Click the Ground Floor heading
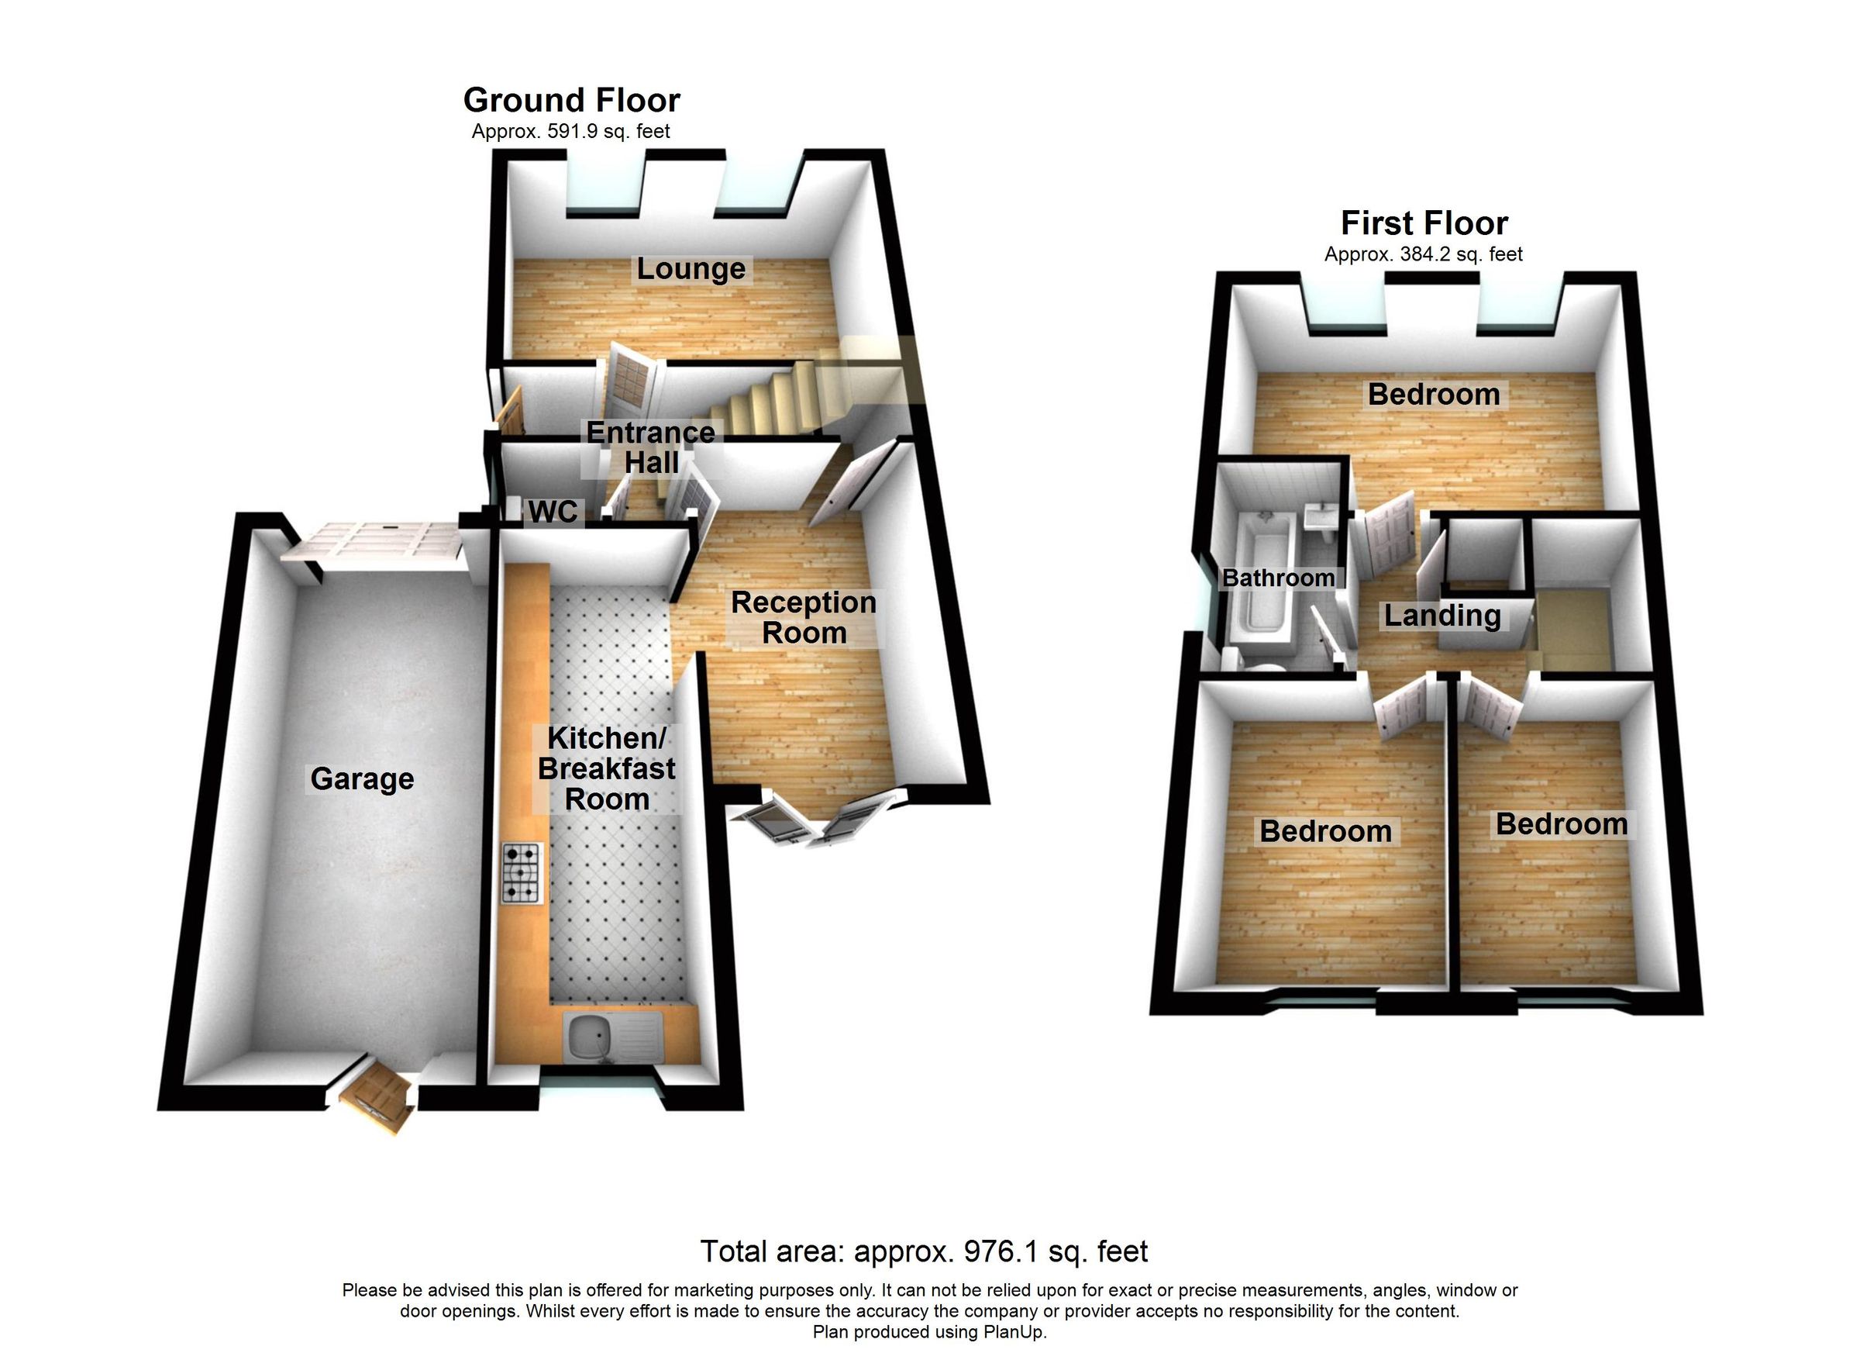coord(572,101)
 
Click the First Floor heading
coord(1424,223)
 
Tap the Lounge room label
coord(691,269)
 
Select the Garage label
coord(362,778)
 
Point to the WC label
coord(553,512)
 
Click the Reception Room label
coord(804,618)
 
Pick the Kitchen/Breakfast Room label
coord(607,769)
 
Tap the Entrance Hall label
coord(650,448)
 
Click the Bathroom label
coord(1278,578)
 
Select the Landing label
coord(1442,616)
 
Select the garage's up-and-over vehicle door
coord(373,545)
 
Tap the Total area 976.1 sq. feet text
coord(924,1252)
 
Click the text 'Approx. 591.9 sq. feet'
coord(571,132)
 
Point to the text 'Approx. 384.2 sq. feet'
coord(1423,255)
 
